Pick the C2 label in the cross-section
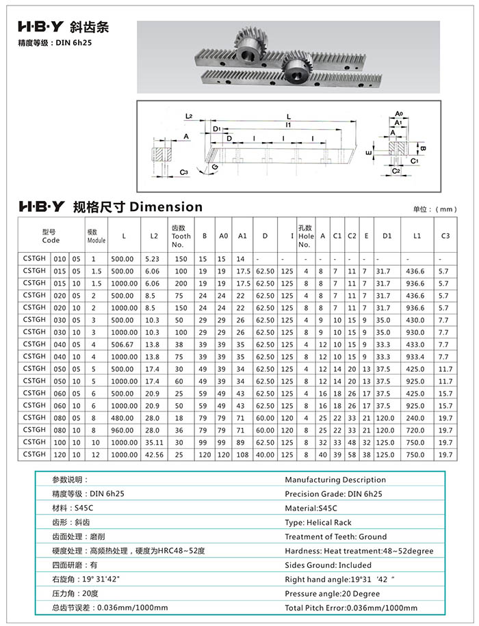pos(398,170)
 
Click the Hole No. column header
pos(305,236)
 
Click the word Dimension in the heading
pos(166,206)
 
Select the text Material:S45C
pos(311,508)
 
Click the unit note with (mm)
pos(435,209)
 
